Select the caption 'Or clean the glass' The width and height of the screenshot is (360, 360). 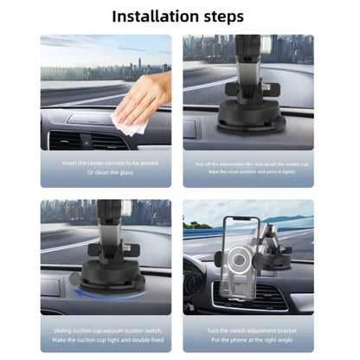tap(105, 171)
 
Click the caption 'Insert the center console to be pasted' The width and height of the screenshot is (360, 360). tap(105, 162)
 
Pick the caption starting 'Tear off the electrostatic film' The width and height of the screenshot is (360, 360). tap(248, 162)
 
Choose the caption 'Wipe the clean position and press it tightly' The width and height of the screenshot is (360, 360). tap(248, 171)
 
